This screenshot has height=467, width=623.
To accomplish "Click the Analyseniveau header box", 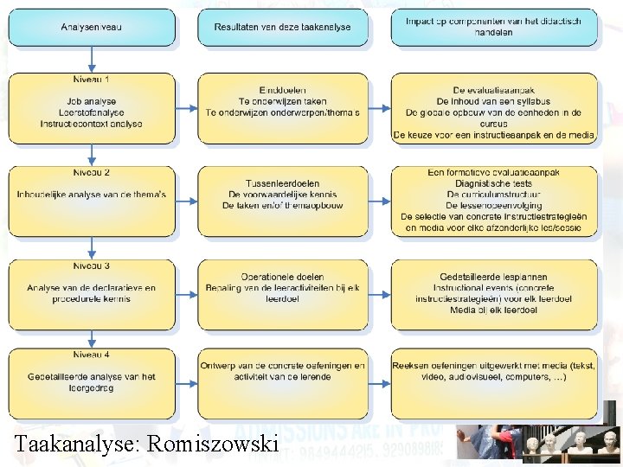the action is [92, 28].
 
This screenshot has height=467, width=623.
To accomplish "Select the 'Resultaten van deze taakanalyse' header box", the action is [283, 28].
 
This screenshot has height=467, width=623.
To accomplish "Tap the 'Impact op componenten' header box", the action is [493, 27].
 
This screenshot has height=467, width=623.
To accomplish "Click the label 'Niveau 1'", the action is [91, 80].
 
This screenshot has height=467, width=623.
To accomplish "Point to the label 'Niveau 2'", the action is [91, 172].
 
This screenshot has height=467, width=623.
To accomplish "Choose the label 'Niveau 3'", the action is [91, 265].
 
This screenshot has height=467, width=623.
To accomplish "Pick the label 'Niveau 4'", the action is [91, 355].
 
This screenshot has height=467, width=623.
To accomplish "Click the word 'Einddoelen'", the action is [282, 90].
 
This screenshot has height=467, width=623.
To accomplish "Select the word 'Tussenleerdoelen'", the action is [282, 183].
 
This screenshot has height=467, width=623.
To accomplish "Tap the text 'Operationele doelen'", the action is [282, 277].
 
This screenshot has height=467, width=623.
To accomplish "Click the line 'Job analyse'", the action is [91, 101].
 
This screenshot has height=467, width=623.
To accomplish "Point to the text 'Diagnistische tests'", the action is [493, 183].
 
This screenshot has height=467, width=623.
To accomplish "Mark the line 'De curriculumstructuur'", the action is [493, 195].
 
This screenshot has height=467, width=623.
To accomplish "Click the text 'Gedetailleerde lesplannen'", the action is [493, 277].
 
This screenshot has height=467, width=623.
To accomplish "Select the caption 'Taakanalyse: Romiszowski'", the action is [146, 445].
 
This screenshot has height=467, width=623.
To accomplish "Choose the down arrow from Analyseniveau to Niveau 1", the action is [91, 59].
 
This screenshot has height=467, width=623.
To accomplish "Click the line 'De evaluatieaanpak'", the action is [493, 90].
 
